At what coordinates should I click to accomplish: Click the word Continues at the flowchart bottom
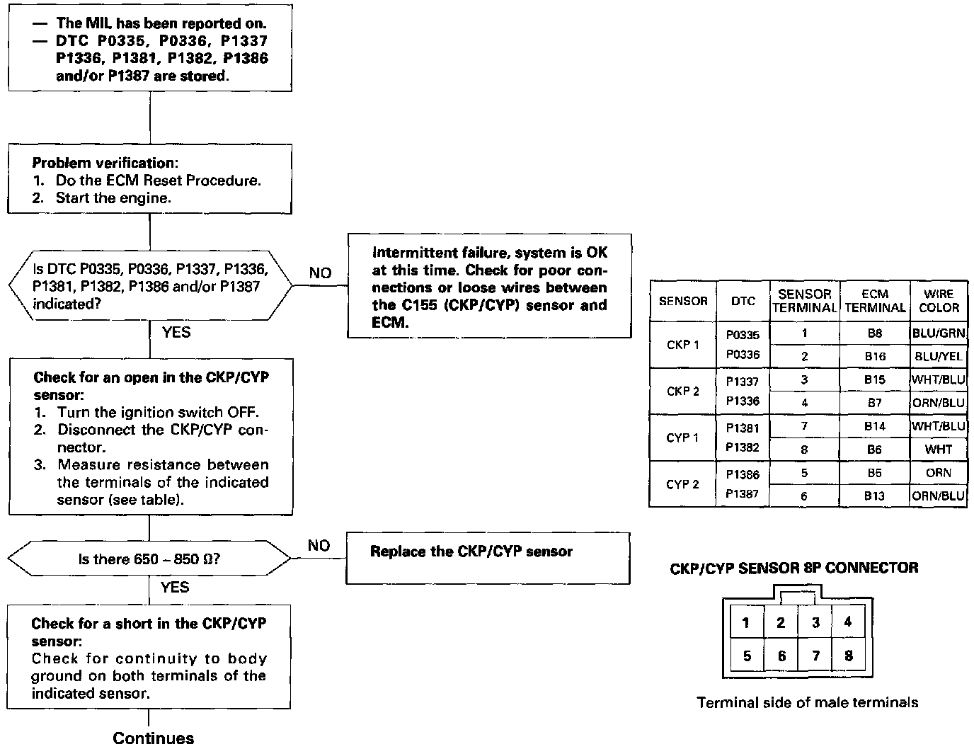pos(153,738)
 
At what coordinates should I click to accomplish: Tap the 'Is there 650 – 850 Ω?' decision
pos(149,559)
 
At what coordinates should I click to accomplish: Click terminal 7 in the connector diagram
pos(815,656)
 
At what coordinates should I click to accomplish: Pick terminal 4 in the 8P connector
pos(848,622)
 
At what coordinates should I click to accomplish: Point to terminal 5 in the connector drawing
pos(747,656)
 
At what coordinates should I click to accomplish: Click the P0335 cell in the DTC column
pos(743,334)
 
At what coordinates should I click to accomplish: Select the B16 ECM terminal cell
pos(875,356)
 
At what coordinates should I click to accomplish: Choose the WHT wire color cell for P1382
pos(939,450)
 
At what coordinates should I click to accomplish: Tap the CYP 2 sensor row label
pos(682,484)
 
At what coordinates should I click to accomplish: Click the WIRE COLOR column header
pos(939,301)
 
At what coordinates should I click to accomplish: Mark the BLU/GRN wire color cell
pos(939,333)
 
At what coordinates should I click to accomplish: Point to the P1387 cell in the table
pos(743,494)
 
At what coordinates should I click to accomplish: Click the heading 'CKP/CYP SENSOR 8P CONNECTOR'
pos(794,568)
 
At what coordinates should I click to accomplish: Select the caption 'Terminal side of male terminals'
pos(808,702)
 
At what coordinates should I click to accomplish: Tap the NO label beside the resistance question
pos(319,545)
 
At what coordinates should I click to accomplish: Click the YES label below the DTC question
pos(176,331)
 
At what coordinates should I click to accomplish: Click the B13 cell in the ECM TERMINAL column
pos(875,496)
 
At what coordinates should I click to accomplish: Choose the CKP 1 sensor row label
pos(682,345)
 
